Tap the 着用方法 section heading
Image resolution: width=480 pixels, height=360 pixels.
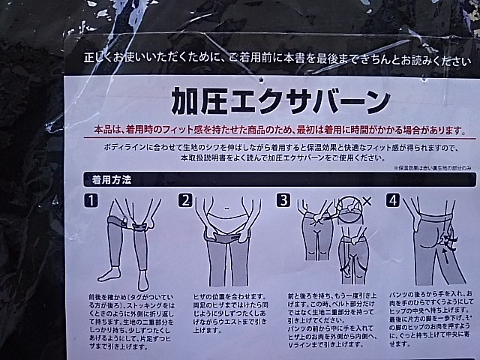[112, 180]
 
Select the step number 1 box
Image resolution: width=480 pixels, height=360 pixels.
[91, 200]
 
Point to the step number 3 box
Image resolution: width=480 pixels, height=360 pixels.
[283, 200]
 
